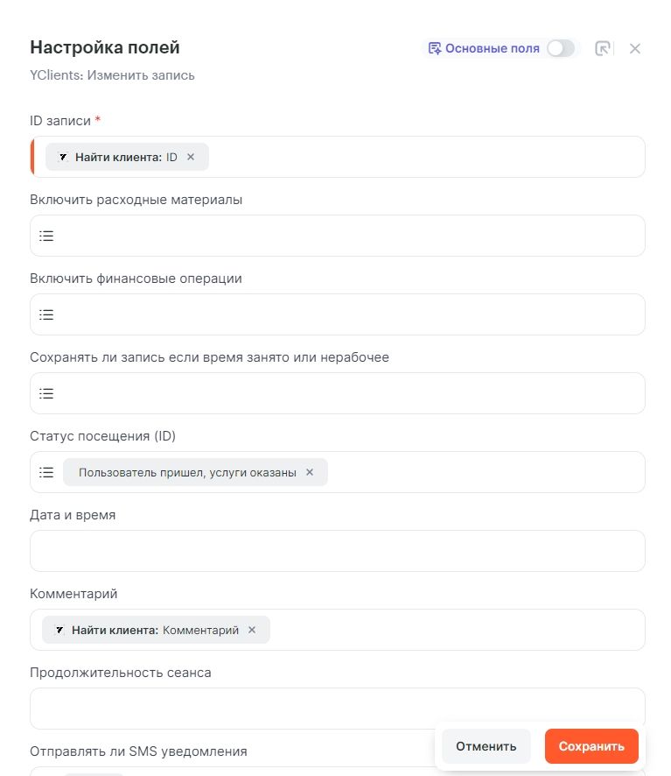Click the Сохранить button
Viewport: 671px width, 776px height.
[591, 746]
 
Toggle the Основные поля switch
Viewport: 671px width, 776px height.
[561, 49]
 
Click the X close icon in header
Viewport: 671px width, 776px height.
[635, 49]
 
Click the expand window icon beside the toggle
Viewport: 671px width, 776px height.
[603, 49]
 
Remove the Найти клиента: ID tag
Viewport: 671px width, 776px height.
[191, 158]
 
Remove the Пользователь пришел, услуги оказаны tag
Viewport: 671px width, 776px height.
[309, 472]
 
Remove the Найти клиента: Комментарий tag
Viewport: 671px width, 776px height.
[252, 630]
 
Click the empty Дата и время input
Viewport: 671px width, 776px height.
[337, 551]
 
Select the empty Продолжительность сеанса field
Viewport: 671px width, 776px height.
[337, 708]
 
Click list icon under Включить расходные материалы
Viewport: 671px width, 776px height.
[46, 236]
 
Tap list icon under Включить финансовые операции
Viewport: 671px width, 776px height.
[46, 314]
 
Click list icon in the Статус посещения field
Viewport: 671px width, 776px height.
[46, 472]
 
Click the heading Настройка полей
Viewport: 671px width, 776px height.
[105, 47]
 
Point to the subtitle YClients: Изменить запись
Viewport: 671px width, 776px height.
[112, 75]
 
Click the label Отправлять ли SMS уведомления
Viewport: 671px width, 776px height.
[138, 751]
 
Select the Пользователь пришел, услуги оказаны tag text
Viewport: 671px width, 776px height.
[187, 472]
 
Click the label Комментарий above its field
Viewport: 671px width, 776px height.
[73, 594]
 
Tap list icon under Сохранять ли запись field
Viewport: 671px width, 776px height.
[46, 393]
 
